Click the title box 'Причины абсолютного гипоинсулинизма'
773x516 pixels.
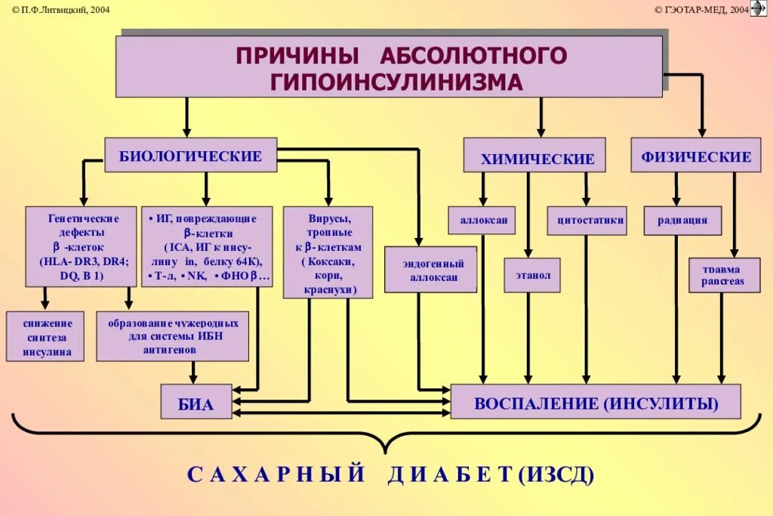tap(389, 66)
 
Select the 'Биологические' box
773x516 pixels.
tap(190, 156)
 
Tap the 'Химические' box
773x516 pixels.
tap(534, 157)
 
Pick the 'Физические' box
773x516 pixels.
tap(696, 156)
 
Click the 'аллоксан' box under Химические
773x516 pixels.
tap(482, 220)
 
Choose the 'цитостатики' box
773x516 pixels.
tap(587, 220)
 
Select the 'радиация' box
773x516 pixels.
tap(682, 220)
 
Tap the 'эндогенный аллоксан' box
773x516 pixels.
tap(431, 270)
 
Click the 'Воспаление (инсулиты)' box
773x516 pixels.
tap(596, 401)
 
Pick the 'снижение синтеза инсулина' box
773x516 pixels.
tap(45, 335)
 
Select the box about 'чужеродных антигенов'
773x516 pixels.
tap(172, 335)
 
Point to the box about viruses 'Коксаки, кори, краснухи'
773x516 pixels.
tap(328, 252)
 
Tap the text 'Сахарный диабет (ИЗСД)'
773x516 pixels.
tap(390, 474)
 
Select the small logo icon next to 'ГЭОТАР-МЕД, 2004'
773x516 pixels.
tap(759, 8)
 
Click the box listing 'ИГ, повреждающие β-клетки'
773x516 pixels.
tap(208, 246)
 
